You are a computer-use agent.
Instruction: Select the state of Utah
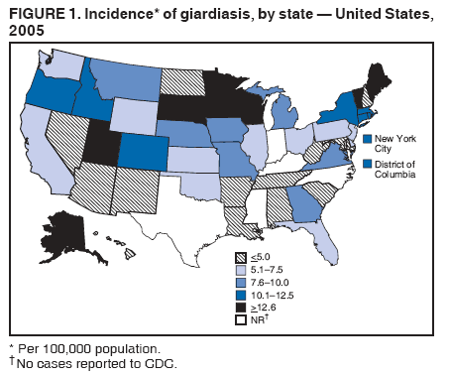coord(102,146)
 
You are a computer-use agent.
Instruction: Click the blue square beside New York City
coord(368,139)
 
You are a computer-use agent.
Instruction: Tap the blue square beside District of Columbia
coord(368,166)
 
